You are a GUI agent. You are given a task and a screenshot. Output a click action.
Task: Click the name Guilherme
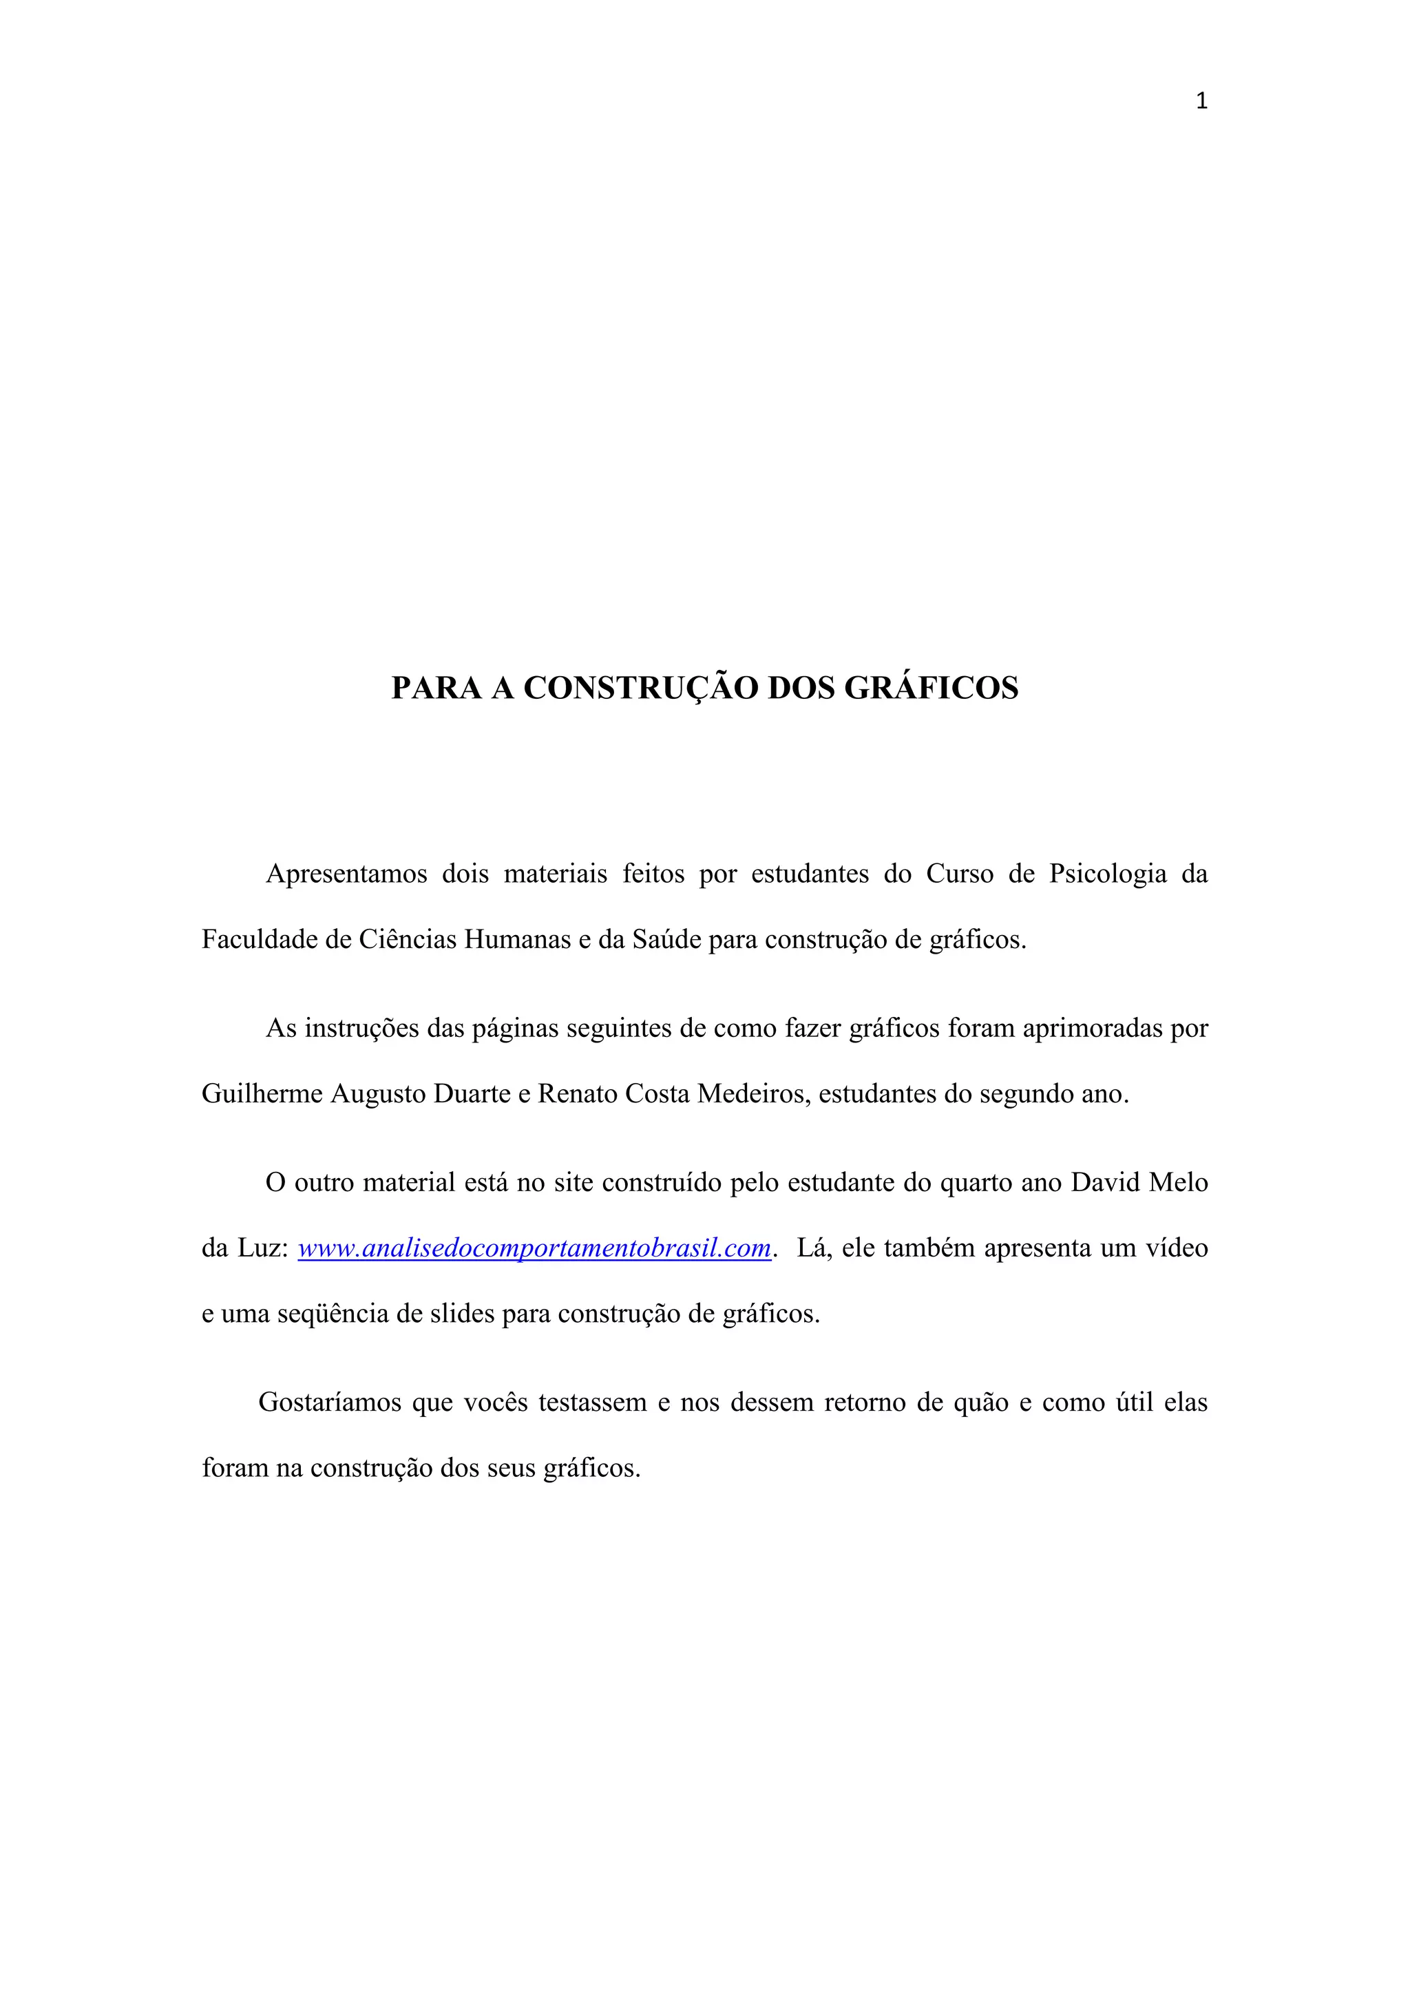tap(262, 1093)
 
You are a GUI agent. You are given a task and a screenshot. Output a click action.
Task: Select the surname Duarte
tap(472, 1093)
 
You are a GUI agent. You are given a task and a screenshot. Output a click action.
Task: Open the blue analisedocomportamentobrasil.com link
tap(534, 1249)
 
